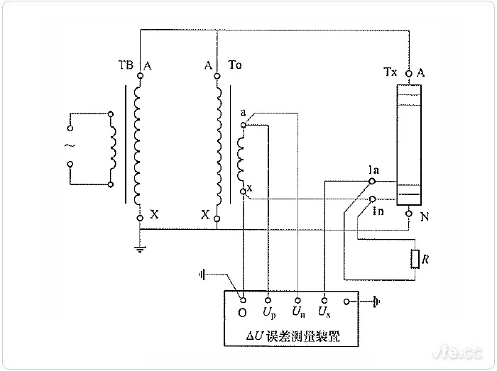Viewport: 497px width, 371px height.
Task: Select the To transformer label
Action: pyautogui.click(x=235, y=65)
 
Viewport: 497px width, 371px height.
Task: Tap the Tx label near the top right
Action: pyautogui.click(x=390, y=72)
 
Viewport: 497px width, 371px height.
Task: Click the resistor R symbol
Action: pyautogui.click(x=416, y=260)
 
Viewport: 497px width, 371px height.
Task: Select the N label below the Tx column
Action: pyautogui.click(x=425, y=218)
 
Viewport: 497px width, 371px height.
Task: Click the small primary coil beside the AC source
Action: pyautogui.click(x=113, y=150)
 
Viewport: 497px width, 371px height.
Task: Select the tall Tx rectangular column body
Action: pyautogui.click(x=409, y=142)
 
